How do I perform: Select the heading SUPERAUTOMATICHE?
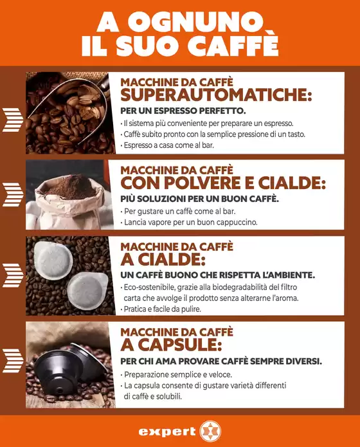[216, 95]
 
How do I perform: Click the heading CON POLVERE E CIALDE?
[223, 183]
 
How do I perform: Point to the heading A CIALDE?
[163, 259]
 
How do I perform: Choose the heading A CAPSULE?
[171, 345]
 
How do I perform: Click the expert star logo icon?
[210, 431]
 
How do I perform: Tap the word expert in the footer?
[167, 432]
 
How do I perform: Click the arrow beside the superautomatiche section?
[13, 120]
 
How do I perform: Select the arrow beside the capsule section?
[13, 361]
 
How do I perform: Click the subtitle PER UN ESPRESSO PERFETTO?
[183, 111]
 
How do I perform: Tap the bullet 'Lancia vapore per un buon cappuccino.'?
[189, 222]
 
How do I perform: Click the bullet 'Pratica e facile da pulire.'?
[161, 309]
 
